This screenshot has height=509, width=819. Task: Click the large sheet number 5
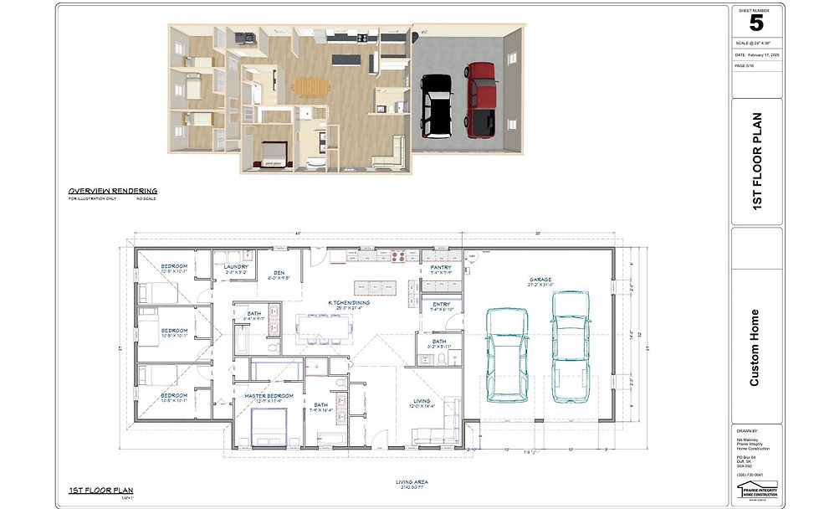pyautogui.click(x=756, y=23)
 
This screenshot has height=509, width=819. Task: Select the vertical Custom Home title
pyautogui.click(x=755, y=347)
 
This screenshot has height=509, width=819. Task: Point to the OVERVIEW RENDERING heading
pyautogui.click(x=112, y=191)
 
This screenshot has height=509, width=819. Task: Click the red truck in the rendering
pyautogui.click(x=480, y=98)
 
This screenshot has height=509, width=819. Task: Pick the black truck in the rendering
pyautogui.click(x=436, y=105)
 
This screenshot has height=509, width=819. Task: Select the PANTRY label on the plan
pyautogui.click(x=441, y=270)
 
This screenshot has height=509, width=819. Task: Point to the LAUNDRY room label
pyautogui.click(x=237, y=269)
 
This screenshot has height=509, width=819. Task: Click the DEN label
pyautogui.click(x=279, y=274)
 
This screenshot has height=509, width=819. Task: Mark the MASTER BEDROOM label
pyautogui.click(x=269, y=396)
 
